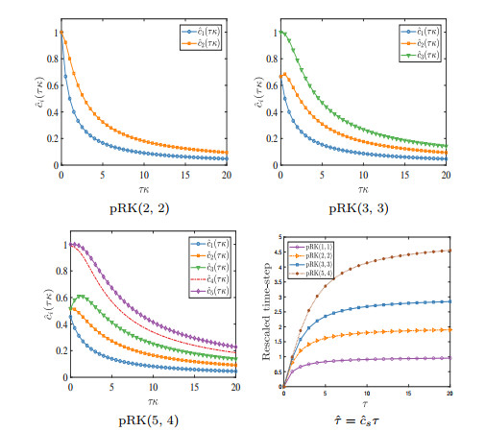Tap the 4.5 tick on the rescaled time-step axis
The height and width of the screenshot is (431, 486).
(x=276, y=252)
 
